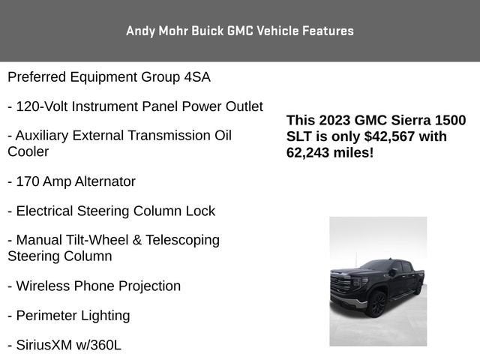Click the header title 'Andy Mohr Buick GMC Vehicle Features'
click(240, 31)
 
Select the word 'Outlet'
click(244, 106)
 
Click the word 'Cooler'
click(28, 151)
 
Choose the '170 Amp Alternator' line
click(71, 181)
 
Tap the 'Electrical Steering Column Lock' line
click(111, 211)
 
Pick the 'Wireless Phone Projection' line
click(94, 286)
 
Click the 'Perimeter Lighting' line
click(68, 316)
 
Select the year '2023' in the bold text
click(334, 121)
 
